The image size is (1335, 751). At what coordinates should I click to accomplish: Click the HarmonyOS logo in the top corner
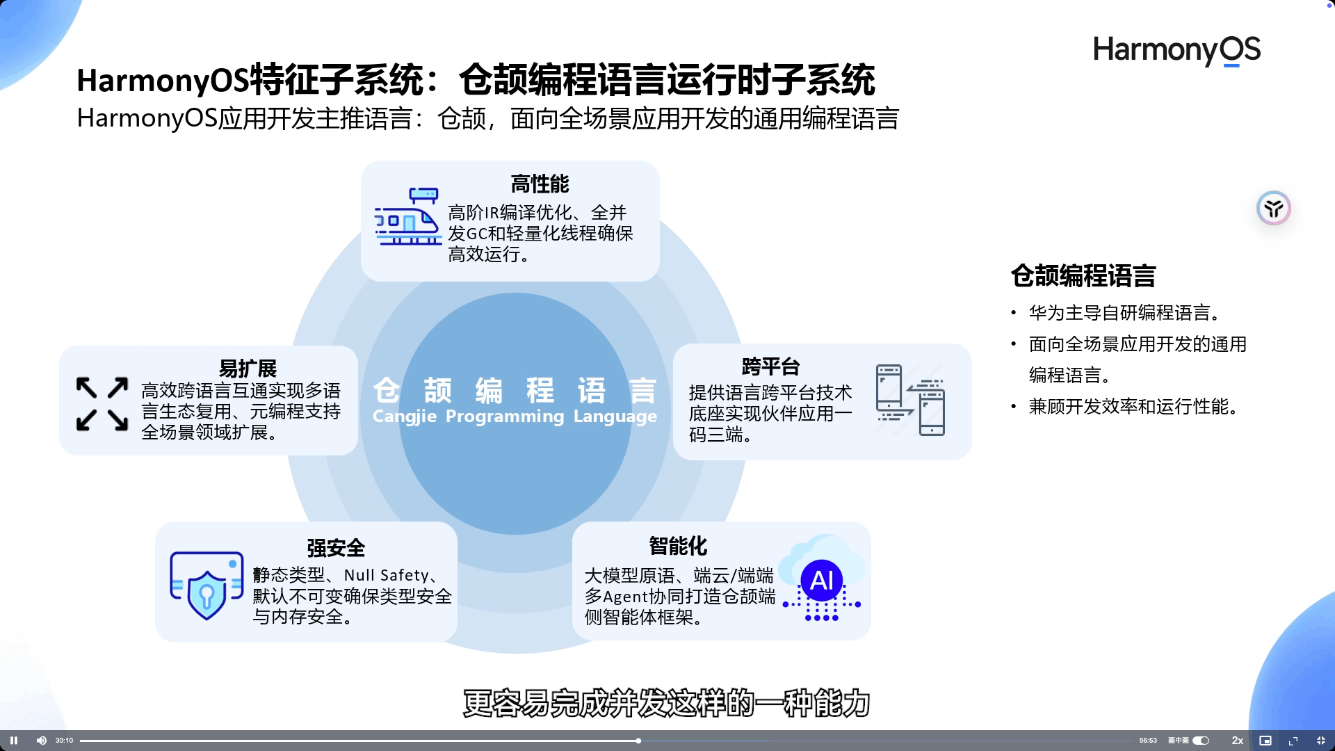pos(1176,50)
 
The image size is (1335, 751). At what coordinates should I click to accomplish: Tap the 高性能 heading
pos(540,184)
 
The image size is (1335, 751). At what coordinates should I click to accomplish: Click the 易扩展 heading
pos(248,368)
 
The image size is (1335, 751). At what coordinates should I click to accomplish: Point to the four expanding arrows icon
pos(102,404)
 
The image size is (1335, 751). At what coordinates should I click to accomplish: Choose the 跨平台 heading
pos(770,366)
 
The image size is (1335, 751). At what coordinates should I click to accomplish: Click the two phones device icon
pos(910,401)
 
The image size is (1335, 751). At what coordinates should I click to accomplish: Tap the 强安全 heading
pos(336,548)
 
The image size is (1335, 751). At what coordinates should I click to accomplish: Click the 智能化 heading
pos(678,546)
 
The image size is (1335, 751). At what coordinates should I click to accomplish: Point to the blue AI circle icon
pos(822,580)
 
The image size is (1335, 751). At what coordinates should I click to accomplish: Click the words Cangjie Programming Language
pos(515,417)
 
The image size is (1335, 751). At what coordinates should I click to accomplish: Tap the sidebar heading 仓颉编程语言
pos(1083,276)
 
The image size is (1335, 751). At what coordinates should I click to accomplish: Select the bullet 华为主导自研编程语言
pos(1124,313)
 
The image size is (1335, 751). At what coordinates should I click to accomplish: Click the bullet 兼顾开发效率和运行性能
pos(1133,407)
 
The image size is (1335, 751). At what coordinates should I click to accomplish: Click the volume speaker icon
pos(42,741)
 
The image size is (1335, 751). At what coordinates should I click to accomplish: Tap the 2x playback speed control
pos(1237,741)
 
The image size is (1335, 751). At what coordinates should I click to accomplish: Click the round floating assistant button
pos(1273,208)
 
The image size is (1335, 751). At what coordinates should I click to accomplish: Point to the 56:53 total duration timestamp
pos(1148,741)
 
